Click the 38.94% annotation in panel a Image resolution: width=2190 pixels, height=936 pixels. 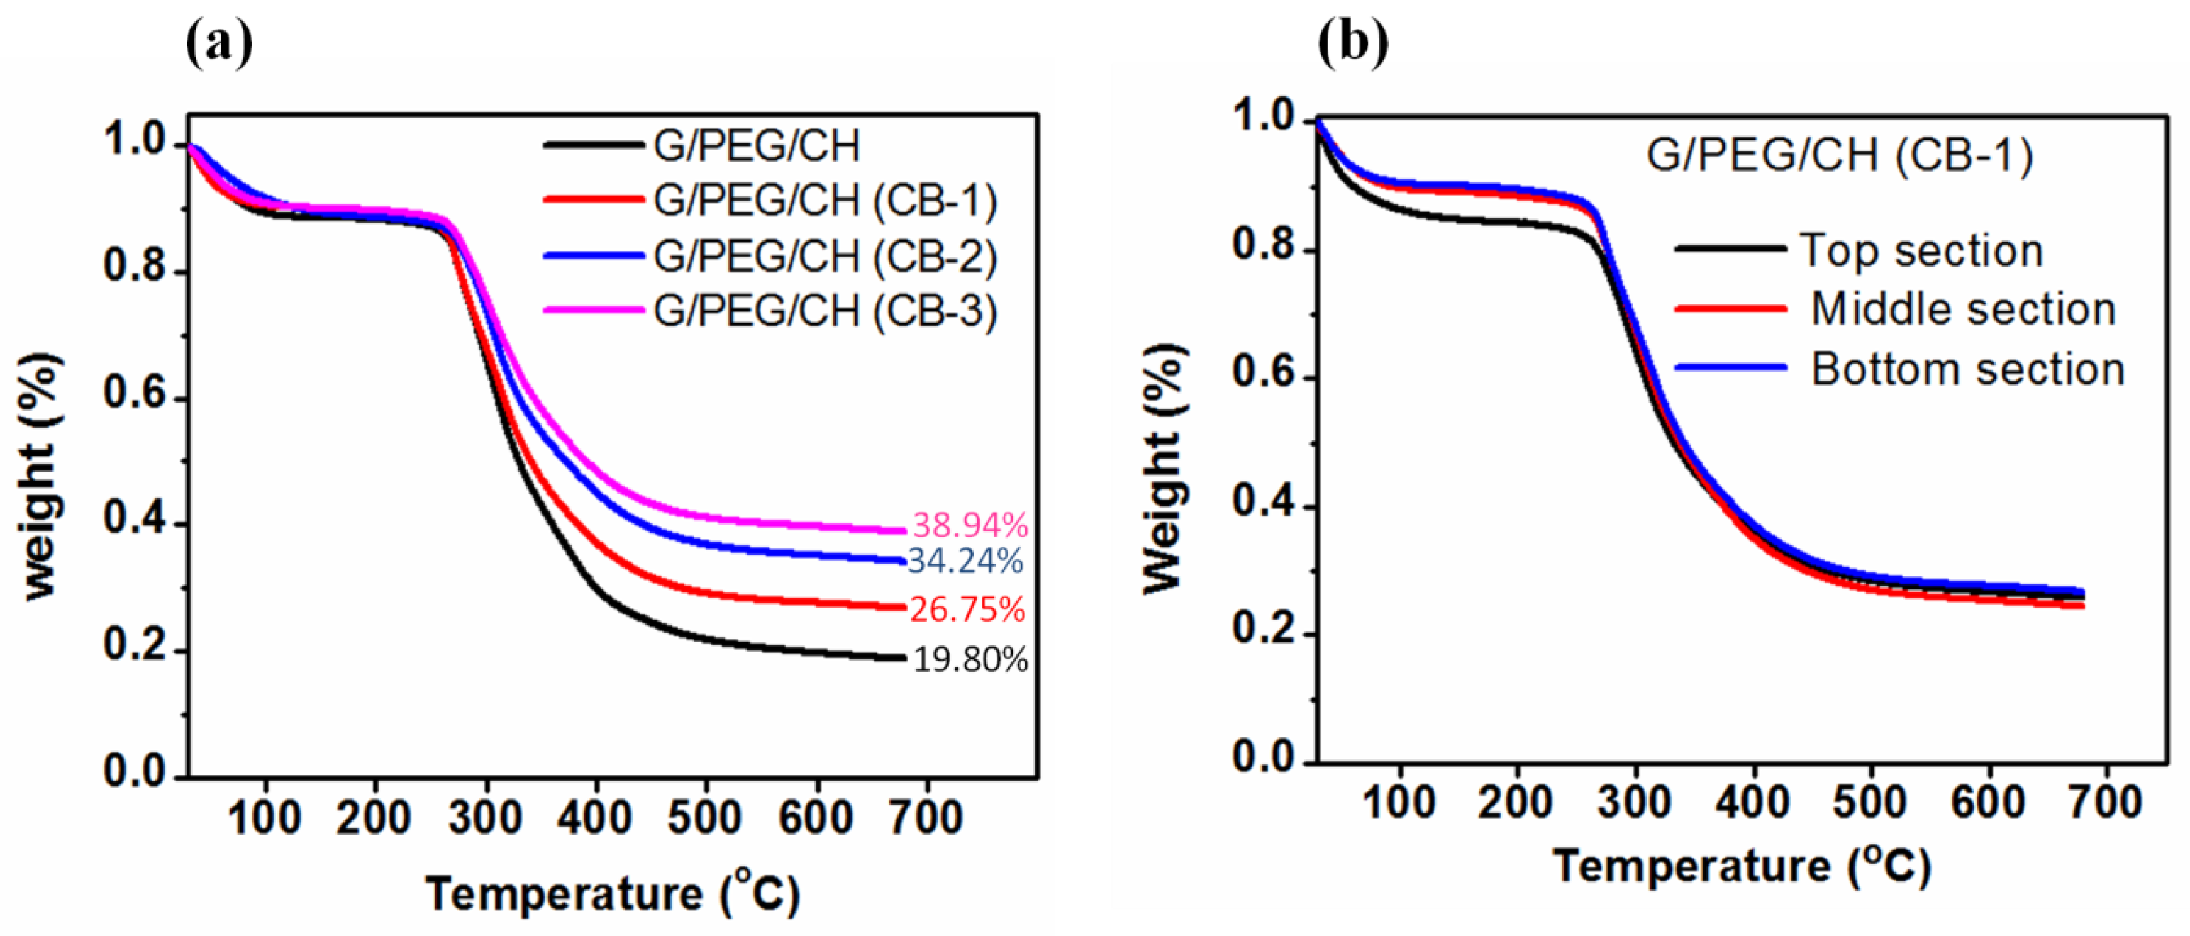click(x=970, y=526)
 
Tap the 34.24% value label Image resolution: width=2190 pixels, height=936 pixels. click(x=965, y=561)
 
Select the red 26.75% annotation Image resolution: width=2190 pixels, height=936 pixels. click(x=967, y=610)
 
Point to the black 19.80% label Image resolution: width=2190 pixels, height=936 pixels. click(x=970, y=659)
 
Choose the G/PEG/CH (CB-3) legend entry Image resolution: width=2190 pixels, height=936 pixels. click(x=825, y=311)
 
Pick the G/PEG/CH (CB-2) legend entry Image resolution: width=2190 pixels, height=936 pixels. click(x=825, y=256)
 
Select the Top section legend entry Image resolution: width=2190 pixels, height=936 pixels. click(x=1921, y=251)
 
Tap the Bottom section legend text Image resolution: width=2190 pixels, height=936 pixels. click(x=1967, y=369)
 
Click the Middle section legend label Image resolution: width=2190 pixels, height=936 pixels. click(x=1963, y=308)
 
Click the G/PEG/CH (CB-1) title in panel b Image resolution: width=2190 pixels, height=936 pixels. click(x=1840, y=155)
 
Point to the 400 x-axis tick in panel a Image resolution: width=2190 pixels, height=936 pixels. click(x=595, y=818)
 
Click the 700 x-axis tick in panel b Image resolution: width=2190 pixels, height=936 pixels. click(x=2105, y=803)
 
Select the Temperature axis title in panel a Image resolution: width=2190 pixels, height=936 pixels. click(x=612, y=893)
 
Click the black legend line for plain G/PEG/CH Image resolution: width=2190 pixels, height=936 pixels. click(x=594, y=145)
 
